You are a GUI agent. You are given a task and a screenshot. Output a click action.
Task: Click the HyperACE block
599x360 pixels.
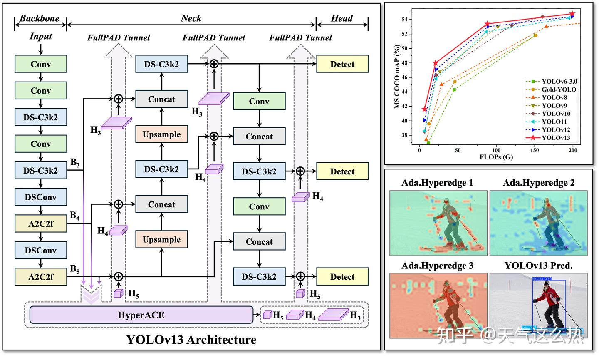coord(141,315)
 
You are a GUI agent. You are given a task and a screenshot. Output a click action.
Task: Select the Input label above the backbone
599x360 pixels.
coord(40,36)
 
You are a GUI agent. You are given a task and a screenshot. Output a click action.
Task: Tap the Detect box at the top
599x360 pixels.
coord(342,64)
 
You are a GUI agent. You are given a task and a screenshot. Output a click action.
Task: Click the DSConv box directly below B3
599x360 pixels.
coord(40,197)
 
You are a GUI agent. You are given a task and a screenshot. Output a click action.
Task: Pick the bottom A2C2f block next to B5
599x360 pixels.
coord(40,277)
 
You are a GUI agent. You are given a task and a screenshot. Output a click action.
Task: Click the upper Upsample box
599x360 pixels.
coord(161,134)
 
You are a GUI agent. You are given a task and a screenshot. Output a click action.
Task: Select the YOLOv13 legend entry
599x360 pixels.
coord(555,138)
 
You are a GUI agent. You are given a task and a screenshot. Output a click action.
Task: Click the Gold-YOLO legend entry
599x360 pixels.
coord(558,89)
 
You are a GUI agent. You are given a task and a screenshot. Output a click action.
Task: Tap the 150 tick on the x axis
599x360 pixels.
coord(535,151)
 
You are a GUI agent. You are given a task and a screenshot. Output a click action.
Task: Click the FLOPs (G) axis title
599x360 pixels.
coord(496,157)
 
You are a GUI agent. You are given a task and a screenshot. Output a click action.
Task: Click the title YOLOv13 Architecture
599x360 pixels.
coord(191,340)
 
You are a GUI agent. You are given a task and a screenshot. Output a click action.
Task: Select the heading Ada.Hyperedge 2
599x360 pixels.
coord(538,183)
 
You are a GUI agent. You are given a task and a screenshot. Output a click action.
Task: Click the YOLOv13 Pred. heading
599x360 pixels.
coord(538,266)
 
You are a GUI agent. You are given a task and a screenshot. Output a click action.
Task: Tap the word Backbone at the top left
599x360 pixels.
coord(40,18)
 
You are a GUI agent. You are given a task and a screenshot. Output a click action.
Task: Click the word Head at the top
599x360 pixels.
coord(342,18)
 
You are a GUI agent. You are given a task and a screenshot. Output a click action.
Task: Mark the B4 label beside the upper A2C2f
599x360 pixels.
coord(75,216)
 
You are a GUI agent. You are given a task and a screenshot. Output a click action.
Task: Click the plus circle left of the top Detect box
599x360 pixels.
coord(214,64)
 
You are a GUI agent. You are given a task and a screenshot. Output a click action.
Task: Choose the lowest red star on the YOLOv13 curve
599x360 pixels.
coord(424,109)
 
